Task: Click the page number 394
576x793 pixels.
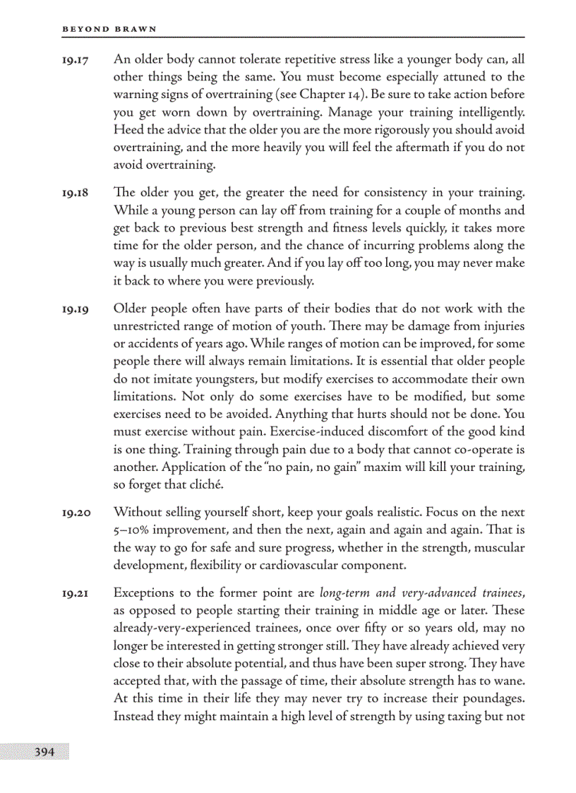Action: pyautogui.click(x=44, y=752)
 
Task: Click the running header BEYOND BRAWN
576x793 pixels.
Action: pyautogui.click(x=109, y=29)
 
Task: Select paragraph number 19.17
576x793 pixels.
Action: pyautogui.click(x=75, y=59)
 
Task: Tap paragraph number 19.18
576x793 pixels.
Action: pyautogui.click(x=75, y=193)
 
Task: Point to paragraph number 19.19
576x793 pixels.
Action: pyautogui.click(x=75, y=309)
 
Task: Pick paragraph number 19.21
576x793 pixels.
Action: pyautogui.click(x=75, y=592)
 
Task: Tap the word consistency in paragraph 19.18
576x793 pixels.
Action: pyautogui.click(x=395, y=193)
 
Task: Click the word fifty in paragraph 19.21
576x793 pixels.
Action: pyautogui.click(x=387, y=628)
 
